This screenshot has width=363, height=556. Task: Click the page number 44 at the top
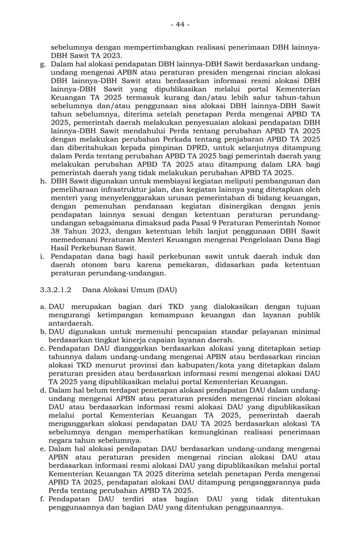coord(181,24)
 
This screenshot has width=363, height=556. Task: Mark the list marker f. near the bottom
coord(43,498)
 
